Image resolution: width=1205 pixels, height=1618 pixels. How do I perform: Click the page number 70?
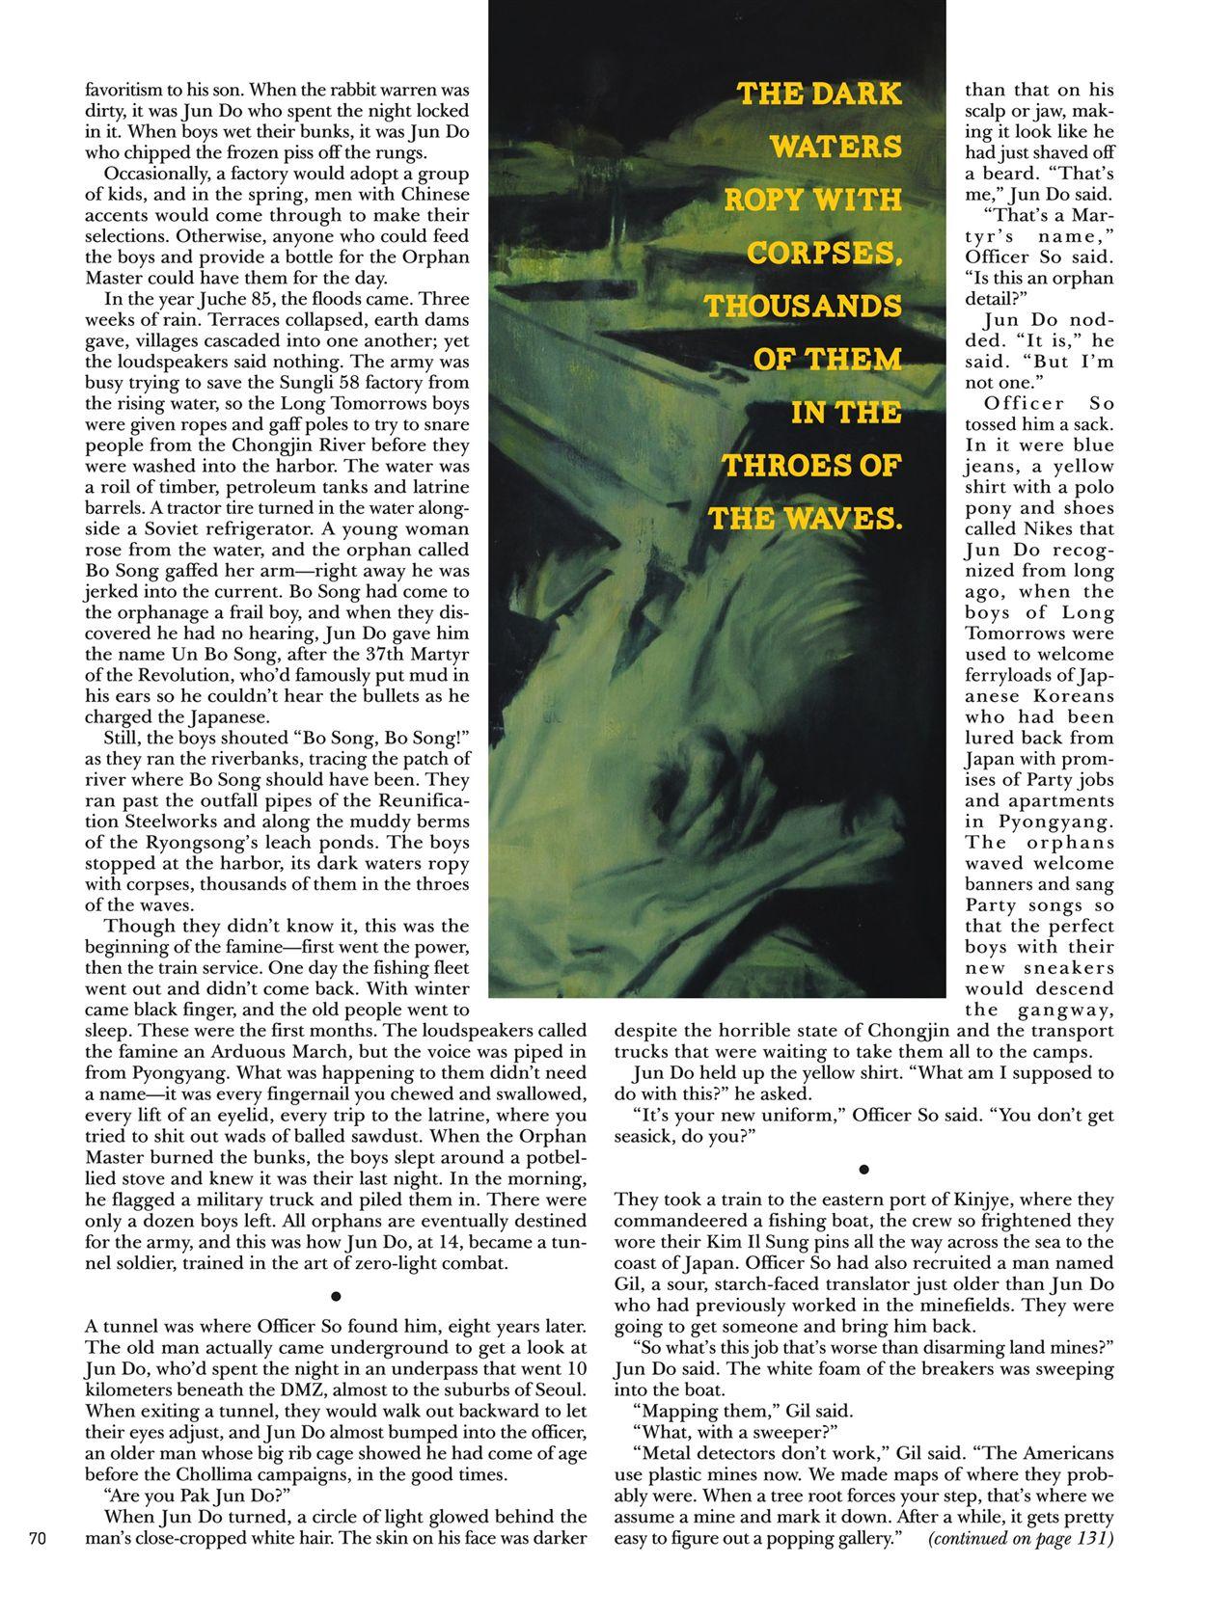(x=38, y=1538)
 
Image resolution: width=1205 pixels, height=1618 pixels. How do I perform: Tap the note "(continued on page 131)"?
(x=1021, y=1538)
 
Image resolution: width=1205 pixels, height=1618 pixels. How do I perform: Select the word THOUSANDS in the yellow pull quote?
(x=803, y=307)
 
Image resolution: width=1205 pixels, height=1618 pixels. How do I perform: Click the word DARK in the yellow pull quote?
(x=862, y=94)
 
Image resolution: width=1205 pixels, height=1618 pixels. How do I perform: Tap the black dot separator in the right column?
(x=864, y=1171)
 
